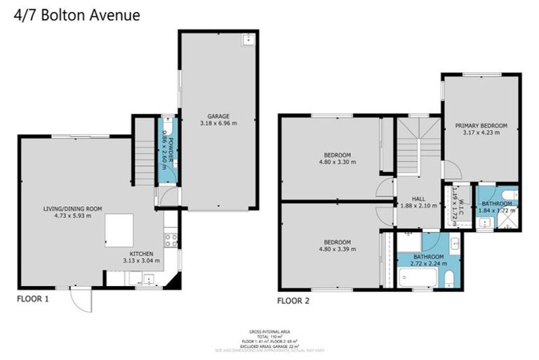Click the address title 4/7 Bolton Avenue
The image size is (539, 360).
[x=76, y=15]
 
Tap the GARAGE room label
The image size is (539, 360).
[x=218, y=116]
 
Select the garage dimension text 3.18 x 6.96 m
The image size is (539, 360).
[x=218, y=124]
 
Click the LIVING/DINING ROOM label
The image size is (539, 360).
[x=73, y=208]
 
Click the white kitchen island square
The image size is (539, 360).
[x=119, y=231]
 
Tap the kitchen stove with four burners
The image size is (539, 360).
[x=171, y=240]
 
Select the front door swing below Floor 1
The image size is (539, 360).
[x=82, y=301]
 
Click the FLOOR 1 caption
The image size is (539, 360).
[x=33, y=298]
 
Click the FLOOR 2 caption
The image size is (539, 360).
[x=293, y=300]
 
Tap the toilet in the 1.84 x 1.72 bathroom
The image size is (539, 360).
[x=510, y=194]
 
